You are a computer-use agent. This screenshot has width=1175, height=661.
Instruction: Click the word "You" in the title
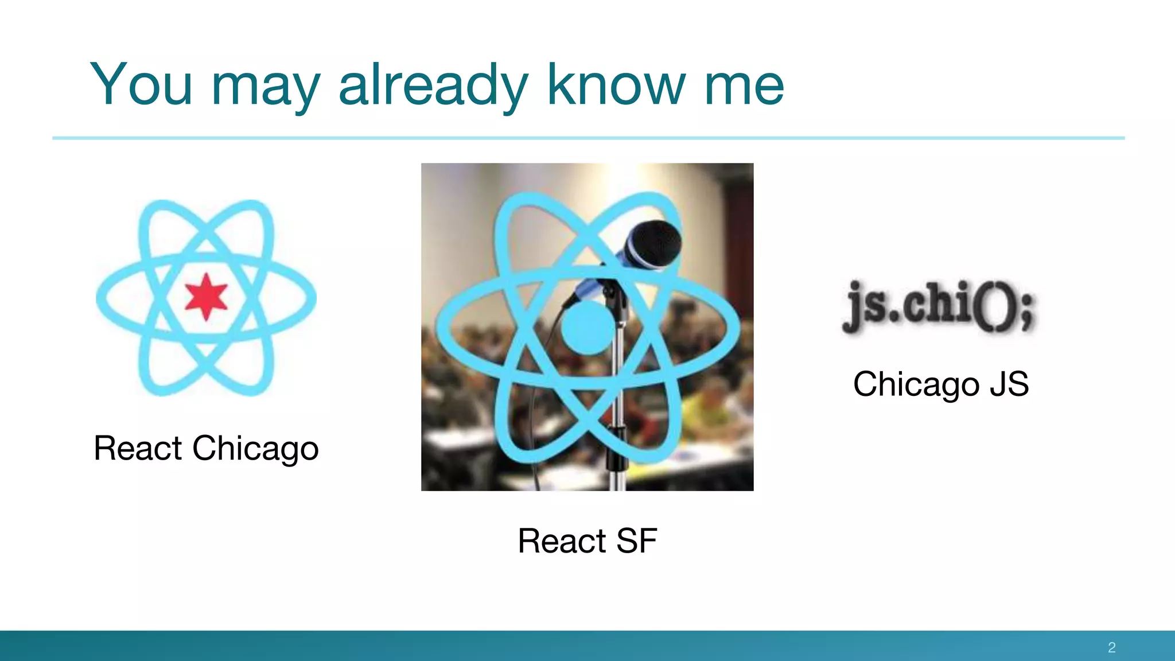click(141, 85)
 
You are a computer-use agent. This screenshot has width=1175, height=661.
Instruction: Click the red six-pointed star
click(206, 297)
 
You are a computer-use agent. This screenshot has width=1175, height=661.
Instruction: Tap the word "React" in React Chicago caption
click(138, 448)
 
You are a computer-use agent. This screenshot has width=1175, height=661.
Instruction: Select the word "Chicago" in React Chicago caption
click(255, 449)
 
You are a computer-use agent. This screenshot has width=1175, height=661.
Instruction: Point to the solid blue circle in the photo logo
click(586, 328)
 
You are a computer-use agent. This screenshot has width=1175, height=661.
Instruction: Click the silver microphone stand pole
click(618, 396)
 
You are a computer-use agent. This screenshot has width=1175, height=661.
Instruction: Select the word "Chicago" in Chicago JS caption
click(916, 384)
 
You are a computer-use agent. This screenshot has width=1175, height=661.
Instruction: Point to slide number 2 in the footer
click(1111, 647)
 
